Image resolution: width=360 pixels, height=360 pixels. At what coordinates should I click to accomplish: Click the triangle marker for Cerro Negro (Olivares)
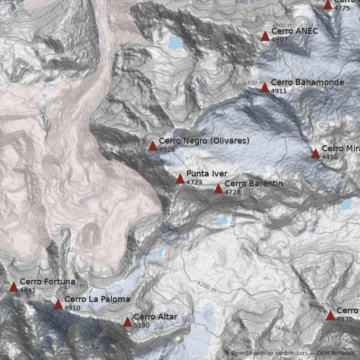pyautogui.click(x=153, y=146)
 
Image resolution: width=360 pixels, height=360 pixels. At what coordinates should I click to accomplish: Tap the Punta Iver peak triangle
pyautogui.click(x=180, y=179)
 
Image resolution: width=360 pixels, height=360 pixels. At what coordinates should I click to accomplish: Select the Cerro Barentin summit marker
pyautogui.click(x=218, y=189)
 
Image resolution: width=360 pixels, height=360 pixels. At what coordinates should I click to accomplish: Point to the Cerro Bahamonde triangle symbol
pyautogui.click(x=265, y=88)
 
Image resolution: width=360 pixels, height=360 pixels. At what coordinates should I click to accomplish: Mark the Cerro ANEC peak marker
pyautogui.click(x=265, y=36)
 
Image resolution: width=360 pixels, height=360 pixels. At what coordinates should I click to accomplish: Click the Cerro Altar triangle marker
pyautogui.click(x=127, y=322)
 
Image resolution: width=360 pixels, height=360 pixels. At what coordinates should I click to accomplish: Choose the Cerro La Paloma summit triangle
pyautogui.click(x=58, y=305)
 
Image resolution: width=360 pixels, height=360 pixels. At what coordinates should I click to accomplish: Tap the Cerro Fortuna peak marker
pyautogui.click(x=13, y=287)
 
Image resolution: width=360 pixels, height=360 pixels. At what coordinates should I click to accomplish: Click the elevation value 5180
pyautogui.click(x=141, y=325)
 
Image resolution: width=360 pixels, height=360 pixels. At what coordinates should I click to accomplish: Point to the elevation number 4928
pyautogui.click(x=166, y=149)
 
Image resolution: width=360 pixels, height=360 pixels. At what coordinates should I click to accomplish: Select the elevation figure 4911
pyautogui.click(x=279, y=91)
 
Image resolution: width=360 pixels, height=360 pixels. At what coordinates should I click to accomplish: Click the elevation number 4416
pyautogui.click(x=329, y=157)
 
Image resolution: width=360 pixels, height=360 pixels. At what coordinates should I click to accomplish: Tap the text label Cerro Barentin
pyautogui.click(x=253, y=184)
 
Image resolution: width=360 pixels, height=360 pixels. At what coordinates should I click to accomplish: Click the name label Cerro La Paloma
pyautogui.click(x=97, y=299)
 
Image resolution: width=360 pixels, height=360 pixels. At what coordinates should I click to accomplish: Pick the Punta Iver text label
pyautogui.click(x=207, y=174)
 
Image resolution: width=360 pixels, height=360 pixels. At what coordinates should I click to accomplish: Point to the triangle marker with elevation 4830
pyautogui.click(x=330, y=315)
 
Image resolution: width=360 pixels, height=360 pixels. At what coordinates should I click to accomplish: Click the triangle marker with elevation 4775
pyautogui.click(x=328, y=5)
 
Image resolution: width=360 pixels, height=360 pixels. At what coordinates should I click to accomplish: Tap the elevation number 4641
pyautogui.click(x=27, y=290)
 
